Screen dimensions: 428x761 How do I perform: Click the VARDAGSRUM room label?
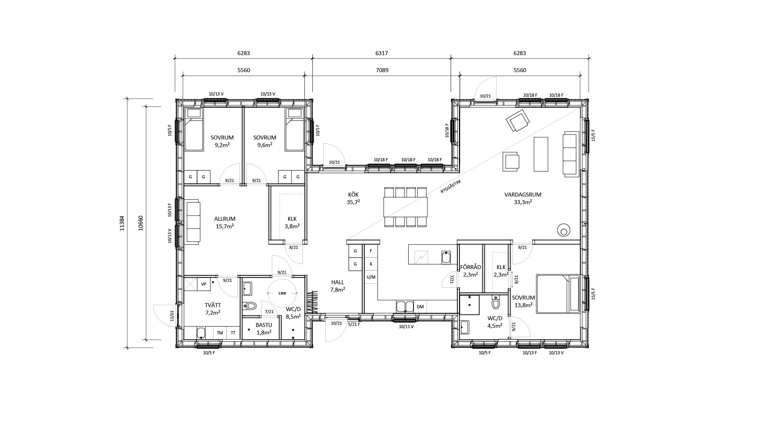(x=523, y=198)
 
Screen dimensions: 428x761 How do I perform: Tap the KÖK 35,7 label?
(x=353, y=198)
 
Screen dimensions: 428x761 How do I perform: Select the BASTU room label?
(x=264, y=329)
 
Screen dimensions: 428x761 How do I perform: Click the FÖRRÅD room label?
(x=470, y=270)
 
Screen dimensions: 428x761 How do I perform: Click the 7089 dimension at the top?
(x=382, y=71)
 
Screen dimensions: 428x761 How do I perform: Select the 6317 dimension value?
(x=381, y=53)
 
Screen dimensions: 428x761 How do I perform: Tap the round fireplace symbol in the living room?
(x=563, y=230)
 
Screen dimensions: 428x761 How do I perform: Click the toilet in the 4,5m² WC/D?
(x=496, y=303)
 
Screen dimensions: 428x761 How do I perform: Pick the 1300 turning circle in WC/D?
(x=282, y=293)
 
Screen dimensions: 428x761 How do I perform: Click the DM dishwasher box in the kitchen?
(x=420, y=307)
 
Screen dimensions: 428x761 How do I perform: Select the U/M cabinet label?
(x=371, y=277)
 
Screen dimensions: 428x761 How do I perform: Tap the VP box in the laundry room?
(x=204, y=284)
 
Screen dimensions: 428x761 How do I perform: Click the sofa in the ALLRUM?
(x=193, y=222)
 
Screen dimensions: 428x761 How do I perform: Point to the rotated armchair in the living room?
(x=518, y=121)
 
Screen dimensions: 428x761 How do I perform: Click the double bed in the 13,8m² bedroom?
(x=558, y=294)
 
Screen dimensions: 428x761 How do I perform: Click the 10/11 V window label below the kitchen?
(x=406, y=327)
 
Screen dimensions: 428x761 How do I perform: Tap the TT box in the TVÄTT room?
(x=233, y=333)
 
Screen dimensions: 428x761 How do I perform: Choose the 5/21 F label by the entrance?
(x=354, y=324)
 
